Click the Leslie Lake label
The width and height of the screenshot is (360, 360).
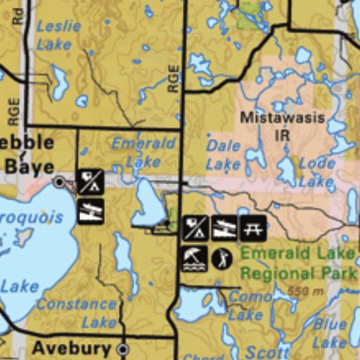(53, 35)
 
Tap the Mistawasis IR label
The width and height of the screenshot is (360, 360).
(282, 126)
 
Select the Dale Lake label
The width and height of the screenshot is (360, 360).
(224, 155)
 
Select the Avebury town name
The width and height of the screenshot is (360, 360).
(71, 348)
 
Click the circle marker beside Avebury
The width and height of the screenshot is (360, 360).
(123, 349)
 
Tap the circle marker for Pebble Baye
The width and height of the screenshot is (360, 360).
(60, 182)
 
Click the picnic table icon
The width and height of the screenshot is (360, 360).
(252, 228)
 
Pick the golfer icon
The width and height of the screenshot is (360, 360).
(222, 258)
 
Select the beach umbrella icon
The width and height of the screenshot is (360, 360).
(195, 258)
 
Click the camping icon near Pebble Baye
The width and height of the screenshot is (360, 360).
(90, 182)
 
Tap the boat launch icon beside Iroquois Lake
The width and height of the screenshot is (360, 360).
(90, 211)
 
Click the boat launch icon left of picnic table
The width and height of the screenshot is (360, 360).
(224, 228)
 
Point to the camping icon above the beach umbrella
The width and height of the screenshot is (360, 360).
(195, 228)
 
